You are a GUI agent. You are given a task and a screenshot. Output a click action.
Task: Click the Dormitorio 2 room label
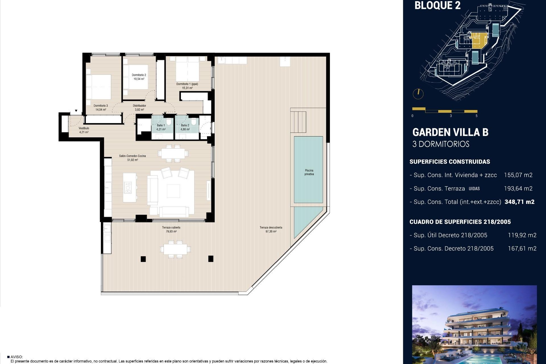pyautogui.click(x=139, y=75)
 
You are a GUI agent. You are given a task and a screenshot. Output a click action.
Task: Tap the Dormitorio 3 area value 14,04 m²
pyautogui.click(x=101, y=109)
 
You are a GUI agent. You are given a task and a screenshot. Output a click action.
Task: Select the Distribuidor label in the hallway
pyautogui.click(x=139, y=106)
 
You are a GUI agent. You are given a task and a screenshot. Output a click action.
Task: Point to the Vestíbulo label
pyautogui.click(x=84, y=128)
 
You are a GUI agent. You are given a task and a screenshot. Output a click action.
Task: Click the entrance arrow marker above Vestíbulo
pyautogui.click(x=76, y=111)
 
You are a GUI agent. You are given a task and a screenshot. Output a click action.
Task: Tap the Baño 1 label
pyautogui.click(x=161, y=125)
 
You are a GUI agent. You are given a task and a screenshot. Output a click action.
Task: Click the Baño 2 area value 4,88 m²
pyautogui.click(x=185, y=129)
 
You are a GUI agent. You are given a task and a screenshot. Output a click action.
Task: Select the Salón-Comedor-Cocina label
pyautogui.click(x=133, y=156)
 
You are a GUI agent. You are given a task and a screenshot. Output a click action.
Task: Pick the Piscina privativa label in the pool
pyautogui.click(x=309, y=172)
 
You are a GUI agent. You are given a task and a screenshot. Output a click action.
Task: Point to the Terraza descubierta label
pyautogui.click(x=271, y=227)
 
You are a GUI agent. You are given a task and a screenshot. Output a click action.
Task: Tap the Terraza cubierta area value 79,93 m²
pyautogui.click(x=171, y=231)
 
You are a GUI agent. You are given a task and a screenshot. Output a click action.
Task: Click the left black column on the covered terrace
pyautogui.click(x=143, y=259)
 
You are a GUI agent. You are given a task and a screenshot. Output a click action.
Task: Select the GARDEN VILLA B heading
pyautogui.click(x=450, y=133)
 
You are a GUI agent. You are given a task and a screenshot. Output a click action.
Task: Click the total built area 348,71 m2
pyautogui.click(x=519, y=202)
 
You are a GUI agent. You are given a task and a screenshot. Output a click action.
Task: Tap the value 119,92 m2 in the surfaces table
pyautogui.click(x=522, y=235)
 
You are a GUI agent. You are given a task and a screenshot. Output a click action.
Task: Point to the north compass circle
pyautogui.click(x=418, y=94)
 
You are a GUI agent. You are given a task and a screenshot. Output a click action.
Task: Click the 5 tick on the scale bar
pyautogui.click(x=476, y=116)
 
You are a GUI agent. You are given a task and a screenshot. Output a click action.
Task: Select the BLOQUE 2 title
pyautogui.click(x=437, y=5)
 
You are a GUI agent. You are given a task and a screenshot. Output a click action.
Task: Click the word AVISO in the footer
pyautogui.click(x=16, y=357)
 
